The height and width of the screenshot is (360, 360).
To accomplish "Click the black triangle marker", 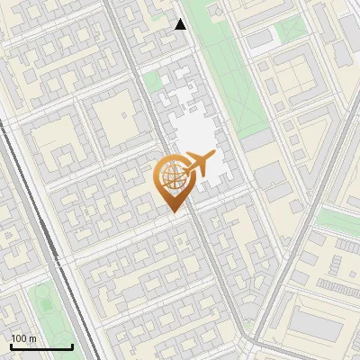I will (180, 24).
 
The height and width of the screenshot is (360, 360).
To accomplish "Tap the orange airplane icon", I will (198, 165).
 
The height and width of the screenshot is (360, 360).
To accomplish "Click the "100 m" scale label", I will (23, 338).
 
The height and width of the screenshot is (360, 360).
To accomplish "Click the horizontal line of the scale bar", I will (41, 346).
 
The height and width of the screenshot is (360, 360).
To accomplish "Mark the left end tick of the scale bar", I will (11, 345).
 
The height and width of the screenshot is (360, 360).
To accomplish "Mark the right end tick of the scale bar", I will (72, 345).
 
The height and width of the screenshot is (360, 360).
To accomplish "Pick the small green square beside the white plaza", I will (153, 82).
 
